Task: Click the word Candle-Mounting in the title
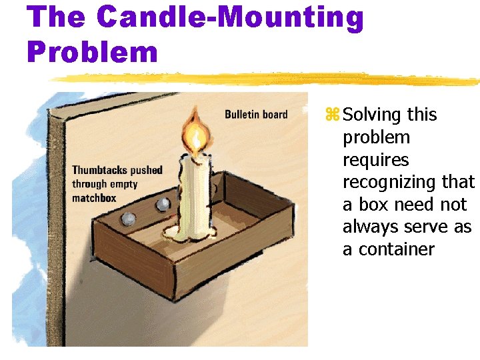pos(231,19)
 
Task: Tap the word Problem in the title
pos(93,51)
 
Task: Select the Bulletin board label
pos(256,115)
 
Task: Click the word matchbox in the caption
pos(94,198)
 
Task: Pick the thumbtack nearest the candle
pos(162,205)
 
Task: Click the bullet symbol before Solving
pos(332,115)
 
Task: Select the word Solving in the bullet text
pos(372,115)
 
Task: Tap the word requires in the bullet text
pos(375,160)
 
